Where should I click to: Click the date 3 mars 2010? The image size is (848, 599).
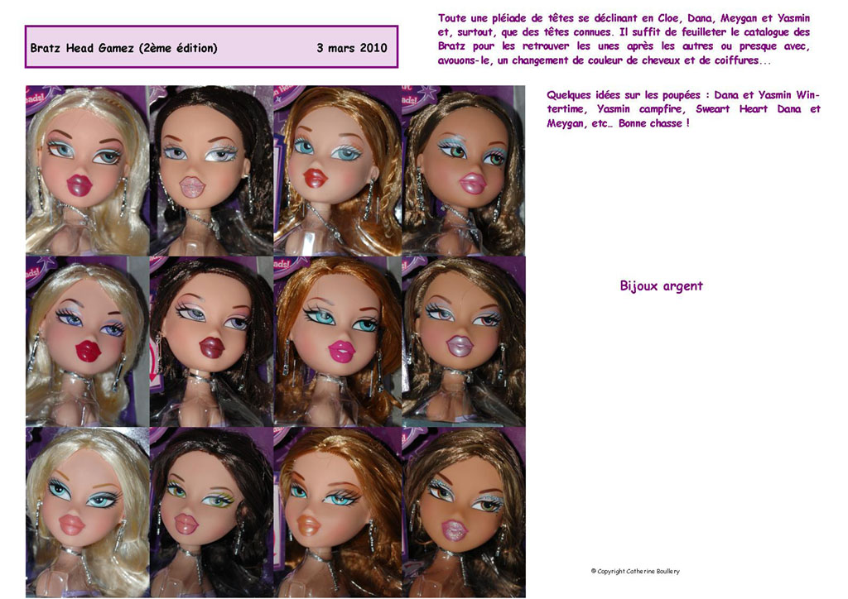click(351, 47)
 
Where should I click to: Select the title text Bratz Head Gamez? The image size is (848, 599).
click(82, 48)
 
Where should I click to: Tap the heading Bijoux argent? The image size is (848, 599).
click(662, 286)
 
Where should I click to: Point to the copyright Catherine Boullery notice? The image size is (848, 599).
click(635, 571)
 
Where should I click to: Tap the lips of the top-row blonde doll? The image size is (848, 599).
click(79, 184)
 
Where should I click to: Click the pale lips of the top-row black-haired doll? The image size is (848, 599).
click(192, 187)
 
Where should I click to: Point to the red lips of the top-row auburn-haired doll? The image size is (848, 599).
click(316, 178)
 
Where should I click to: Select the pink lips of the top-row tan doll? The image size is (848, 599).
click(471, 182)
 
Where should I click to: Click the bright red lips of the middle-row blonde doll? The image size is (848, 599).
click(88, 351)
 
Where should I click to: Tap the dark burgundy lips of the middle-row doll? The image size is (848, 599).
click(211, 347)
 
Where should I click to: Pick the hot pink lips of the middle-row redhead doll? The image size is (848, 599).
click(340, 351)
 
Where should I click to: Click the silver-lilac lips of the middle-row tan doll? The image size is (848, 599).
click(459, 345)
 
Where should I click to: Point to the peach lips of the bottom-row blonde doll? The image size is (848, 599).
click(72, 525)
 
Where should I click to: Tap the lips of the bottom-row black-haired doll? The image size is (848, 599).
click(185, 523)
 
